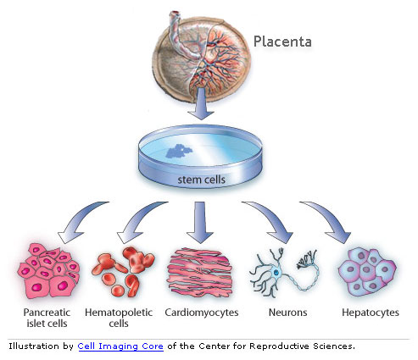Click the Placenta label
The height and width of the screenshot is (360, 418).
[x=282, y=42]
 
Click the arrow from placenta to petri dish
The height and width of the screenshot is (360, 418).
[x=201, y=103]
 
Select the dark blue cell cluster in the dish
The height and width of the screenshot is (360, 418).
[x=179, y=151]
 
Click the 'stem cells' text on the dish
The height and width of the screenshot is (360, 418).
[x=201, y=180]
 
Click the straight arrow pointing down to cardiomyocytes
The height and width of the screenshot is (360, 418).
[x=200, y=222]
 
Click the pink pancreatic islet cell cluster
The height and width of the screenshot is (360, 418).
[x=48, y=271]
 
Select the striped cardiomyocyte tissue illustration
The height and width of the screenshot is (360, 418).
[x=200, y=273]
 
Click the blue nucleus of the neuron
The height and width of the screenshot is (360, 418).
[x=276, y=273]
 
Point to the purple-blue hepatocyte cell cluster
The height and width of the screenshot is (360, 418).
[x=367, y=272]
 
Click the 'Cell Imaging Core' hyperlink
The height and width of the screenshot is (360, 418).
[x=120, y=346]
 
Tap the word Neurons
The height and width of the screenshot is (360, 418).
[x=287, y=313]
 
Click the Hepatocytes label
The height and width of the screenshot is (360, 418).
[x=371, y=313]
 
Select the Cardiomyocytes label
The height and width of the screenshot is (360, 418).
[x=202, y=313]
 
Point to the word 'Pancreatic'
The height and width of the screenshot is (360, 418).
[x=47, y=313]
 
